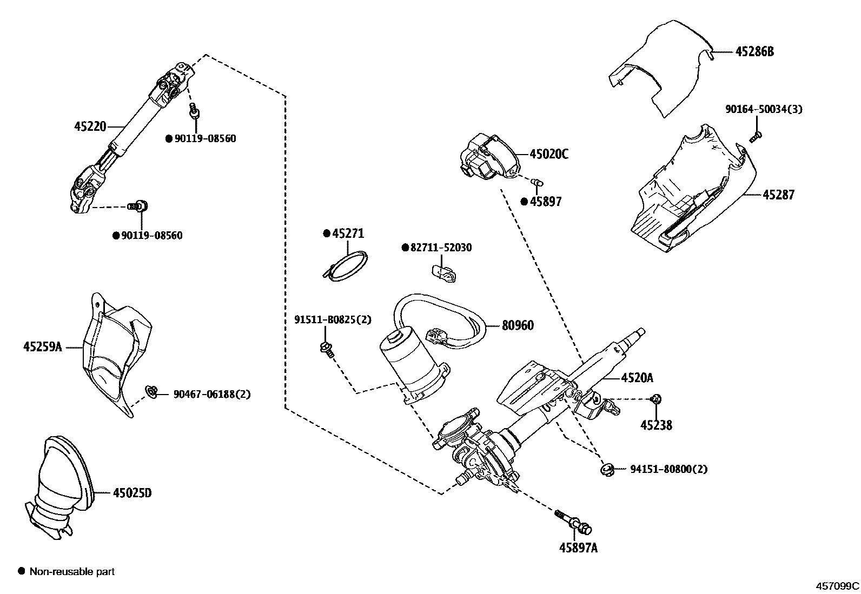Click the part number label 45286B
[x=754, y=52]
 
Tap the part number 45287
[x=778, y=195]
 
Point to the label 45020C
[x=549, y=155]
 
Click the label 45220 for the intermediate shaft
[x=90, y=126]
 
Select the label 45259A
[x=43, y=346]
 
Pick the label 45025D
[x=132, y=493]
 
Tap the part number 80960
[x=518, y=325]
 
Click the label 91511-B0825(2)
[x=333, y=319]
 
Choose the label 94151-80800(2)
[x=668, y=469]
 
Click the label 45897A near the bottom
[x=578, y=548]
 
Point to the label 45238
[x=656, y=425]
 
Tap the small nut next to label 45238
[x=655, y=399]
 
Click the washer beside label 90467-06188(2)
[x=151, y=391]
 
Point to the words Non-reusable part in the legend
[x=72, y=571]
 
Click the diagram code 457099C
[x=837, y=585]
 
